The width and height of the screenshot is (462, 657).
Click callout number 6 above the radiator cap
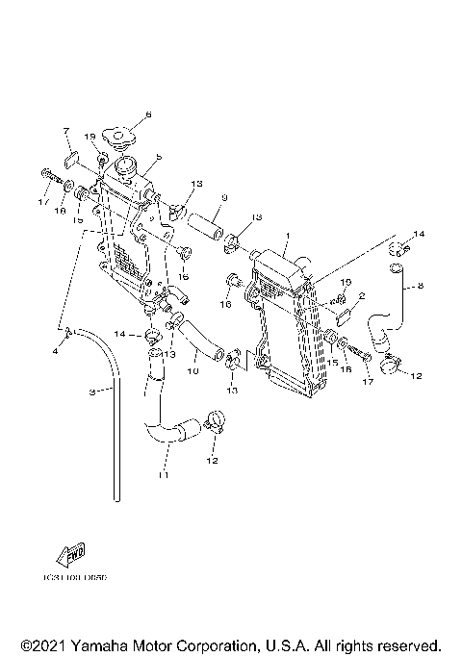pyautogui.click(x=148, y=115)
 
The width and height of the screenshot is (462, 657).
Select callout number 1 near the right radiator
pyautogui.click(x=286, y=234)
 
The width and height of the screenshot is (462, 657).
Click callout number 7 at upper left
pyautogui.click(x=65, y=129)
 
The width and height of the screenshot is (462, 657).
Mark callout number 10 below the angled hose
pyautogui.click(x=192, y=369)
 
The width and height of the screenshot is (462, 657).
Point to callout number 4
pyautogui.click(x=55, y=351)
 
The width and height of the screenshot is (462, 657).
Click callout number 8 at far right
pyautogui.click(x=420, y=286)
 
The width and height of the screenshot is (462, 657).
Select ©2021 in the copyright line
pyautogui.click(x=39, y=644)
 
